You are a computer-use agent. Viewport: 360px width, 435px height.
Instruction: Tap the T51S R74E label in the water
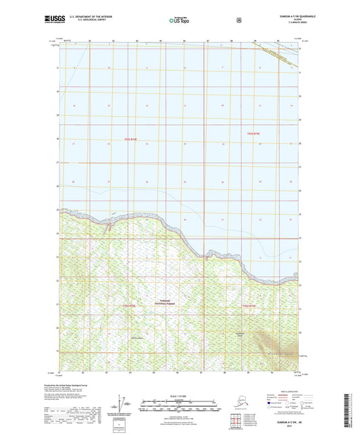point(132,140)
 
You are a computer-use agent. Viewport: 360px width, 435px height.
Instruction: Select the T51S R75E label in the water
point(257,134)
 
